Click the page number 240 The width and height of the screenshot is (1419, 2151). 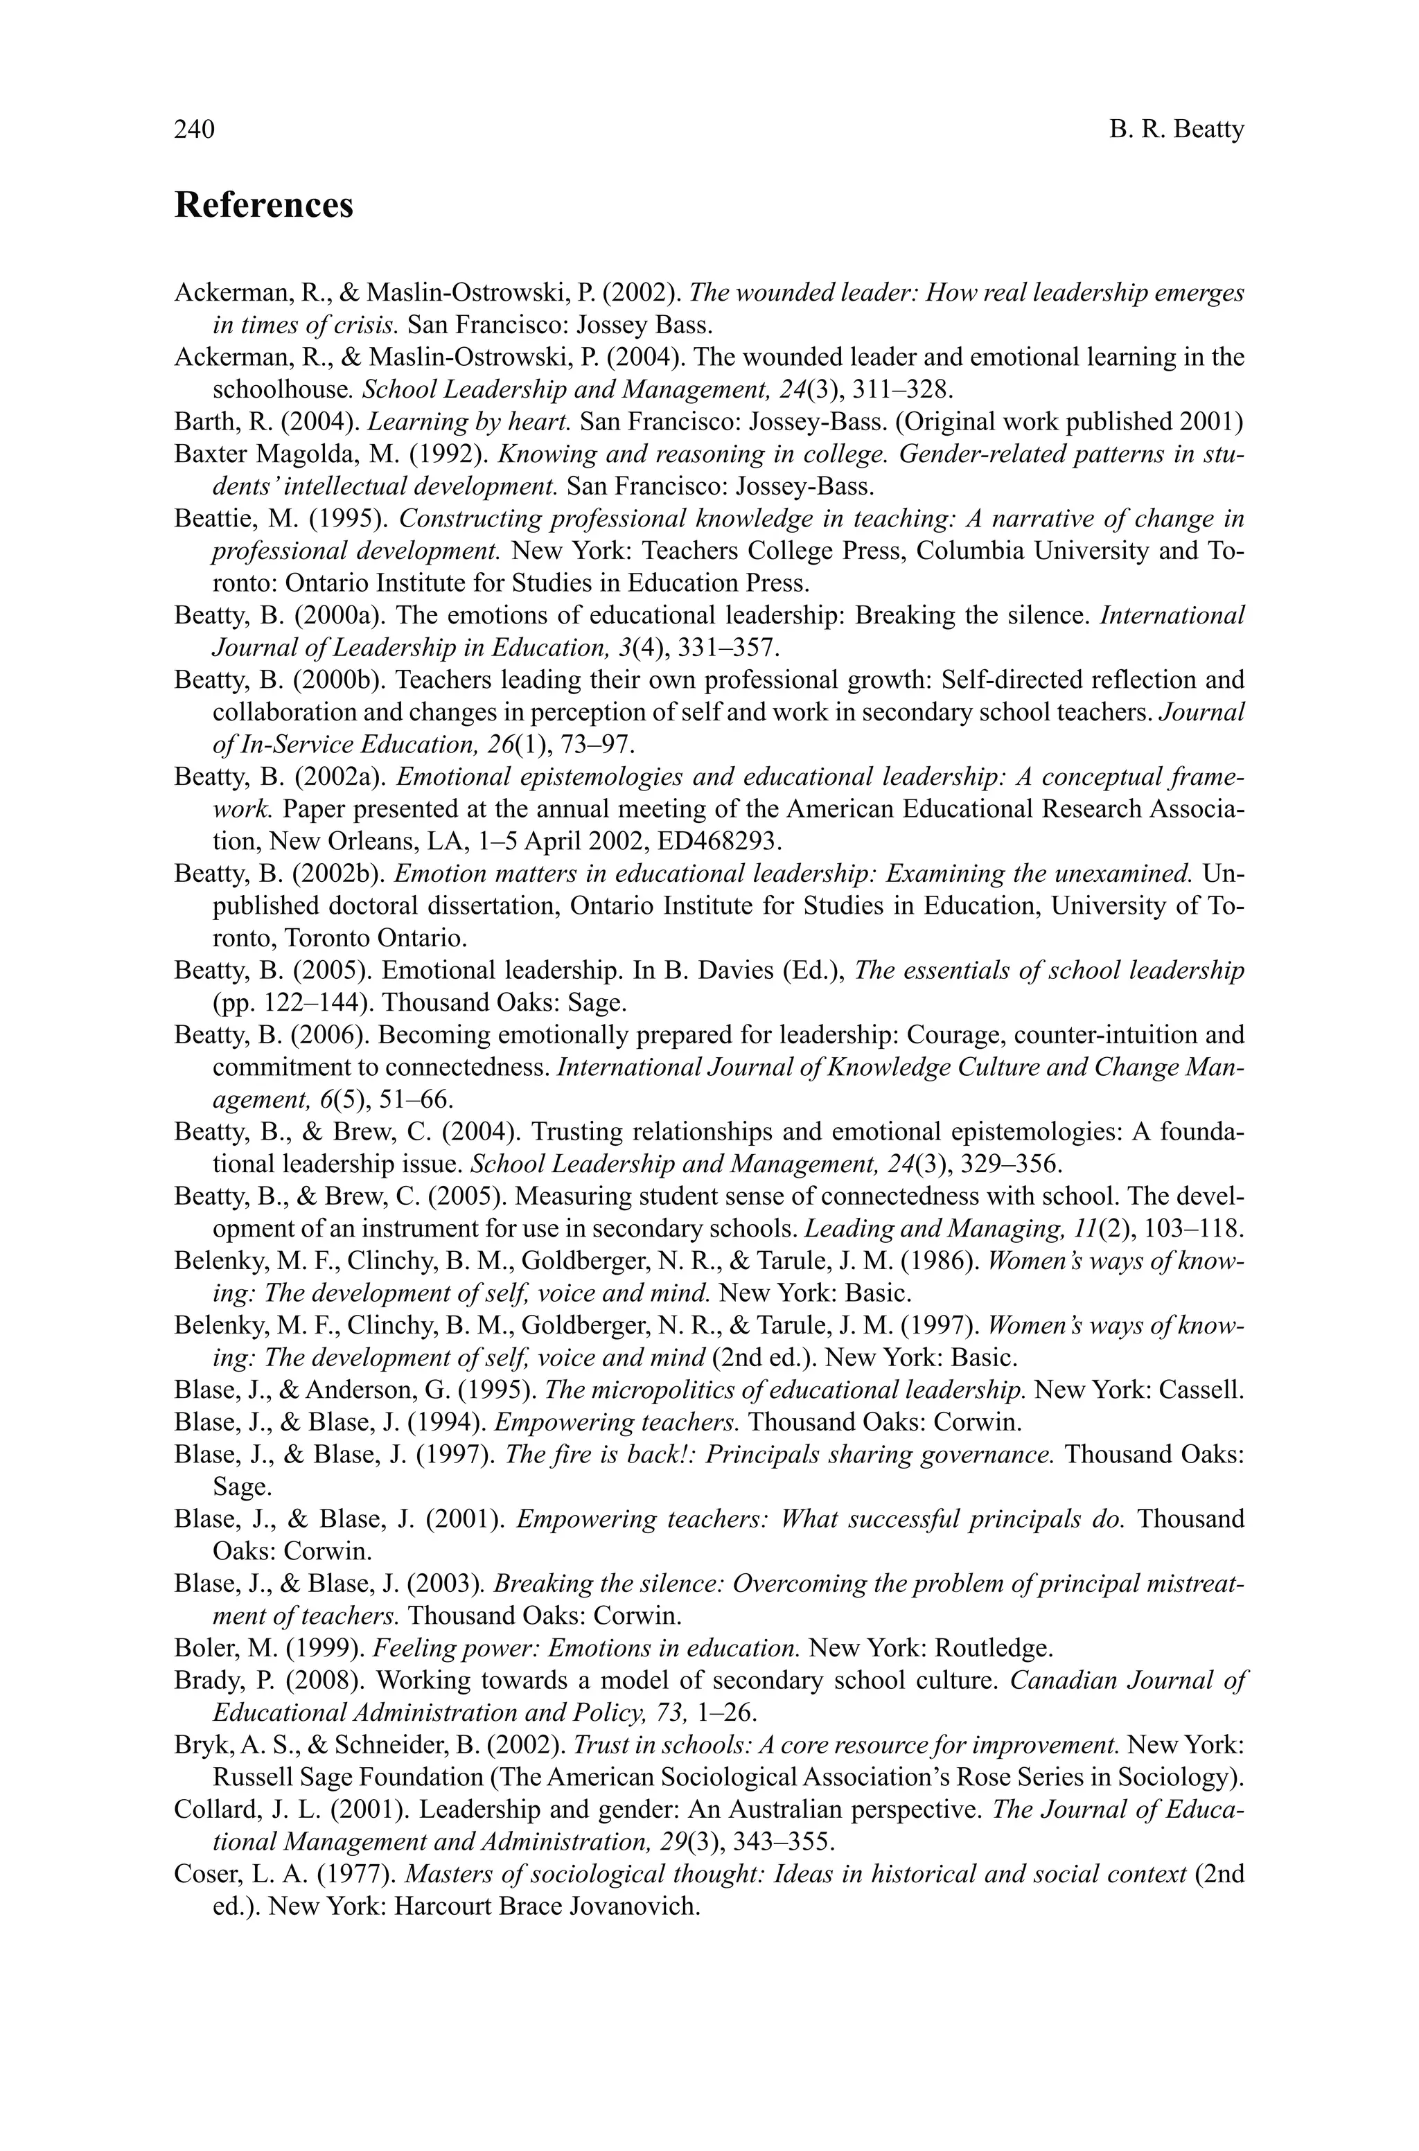(x=194, y=130)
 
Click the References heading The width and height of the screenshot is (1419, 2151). (x=263, y=205)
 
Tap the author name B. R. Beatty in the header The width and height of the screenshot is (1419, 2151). (x=1176, y=130)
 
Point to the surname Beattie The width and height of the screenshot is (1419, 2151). (x=207, y=519)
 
